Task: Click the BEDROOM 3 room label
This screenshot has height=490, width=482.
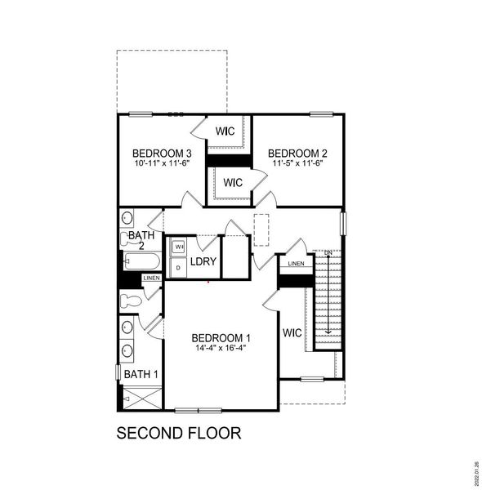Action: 162,154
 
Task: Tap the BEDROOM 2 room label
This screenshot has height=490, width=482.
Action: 297,154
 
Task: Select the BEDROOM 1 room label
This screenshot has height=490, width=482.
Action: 221,338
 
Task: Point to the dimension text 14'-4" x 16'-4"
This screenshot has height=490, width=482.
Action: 221,349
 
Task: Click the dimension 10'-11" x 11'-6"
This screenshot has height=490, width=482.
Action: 162,164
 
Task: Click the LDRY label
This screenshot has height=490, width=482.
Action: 203,261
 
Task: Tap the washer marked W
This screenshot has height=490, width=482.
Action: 179,246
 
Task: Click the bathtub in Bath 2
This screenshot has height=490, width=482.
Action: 141,261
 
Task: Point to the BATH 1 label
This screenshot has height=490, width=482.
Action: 141,374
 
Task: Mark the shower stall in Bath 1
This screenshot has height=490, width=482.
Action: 141,399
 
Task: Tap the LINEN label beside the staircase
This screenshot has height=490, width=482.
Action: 296,263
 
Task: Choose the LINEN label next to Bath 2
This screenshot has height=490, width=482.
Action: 151,278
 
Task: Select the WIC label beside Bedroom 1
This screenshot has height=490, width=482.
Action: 292,333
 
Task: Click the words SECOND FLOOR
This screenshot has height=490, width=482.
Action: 179,433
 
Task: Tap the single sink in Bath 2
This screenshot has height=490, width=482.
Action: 127,219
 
